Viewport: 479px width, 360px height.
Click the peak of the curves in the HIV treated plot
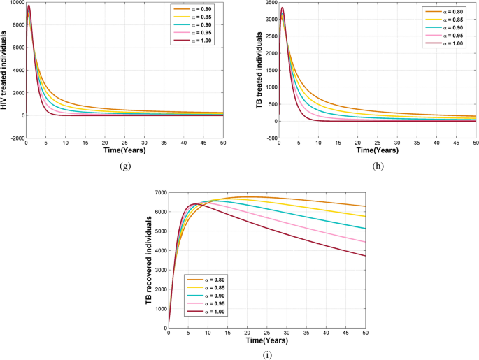pyautogui.click(x=29, y=6)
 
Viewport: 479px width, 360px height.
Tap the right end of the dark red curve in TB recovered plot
pyautogui.click(x=364, y=256)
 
